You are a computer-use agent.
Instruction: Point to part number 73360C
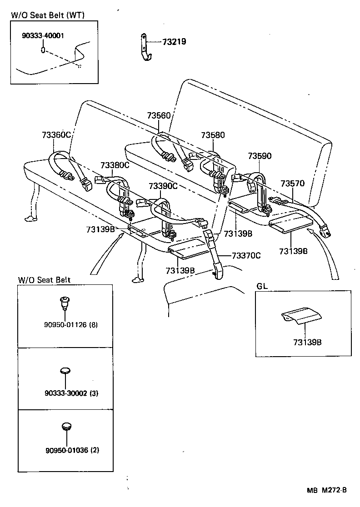click(x=56, y=135)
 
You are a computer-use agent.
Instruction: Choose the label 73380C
click(x=115, y=165)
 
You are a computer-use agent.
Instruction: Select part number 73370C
click(x=246, y=255)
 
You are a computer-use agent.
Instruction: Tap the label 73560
click(x=159, y=115)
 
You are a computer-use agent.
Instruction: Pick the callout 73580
click(x=213, y=135)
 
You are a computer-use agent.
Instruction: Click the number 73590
click(x=260, y=156)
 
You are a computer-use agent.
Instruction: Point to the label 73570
click(x=292, y=184)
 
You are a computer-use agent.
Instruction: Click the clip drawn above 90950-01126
click(x=65, y=301)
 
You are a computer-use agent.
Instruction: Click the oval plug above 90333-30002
click(x=66, y=371)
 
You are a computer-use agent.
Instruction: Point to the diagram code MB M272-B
click(x=327, y=490)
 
